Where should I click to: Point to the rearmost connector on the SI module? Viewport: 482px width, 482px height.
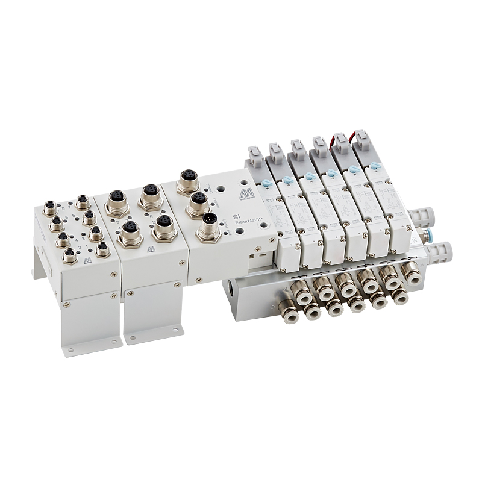coord(186,181)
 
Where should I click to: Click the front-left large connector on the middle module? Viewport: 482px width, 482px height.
coord(129,233)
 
